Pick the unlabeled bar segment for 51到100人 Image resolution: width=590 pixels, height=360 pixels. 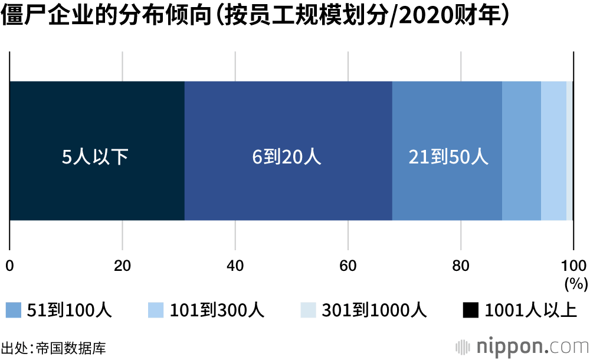coord(522,151)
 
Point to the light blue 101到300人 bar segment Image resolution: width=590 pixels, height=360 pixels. coord(553,151)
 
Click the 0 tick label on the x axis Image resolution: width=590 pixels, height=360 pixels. coord(9,265)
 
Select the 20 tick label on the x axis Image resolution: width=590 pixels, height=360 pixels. coord(122,265)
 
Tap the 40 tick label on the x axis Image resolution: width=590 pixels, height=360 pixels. coord(235,265)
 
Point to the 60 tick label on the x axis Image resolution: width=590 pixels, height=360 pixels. coord(348,265)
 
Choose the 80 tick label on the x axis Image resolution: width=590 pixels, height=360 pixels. coord(460,265)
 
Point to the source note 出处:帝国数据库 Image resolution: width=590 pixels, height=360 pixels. coord(54,348)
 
